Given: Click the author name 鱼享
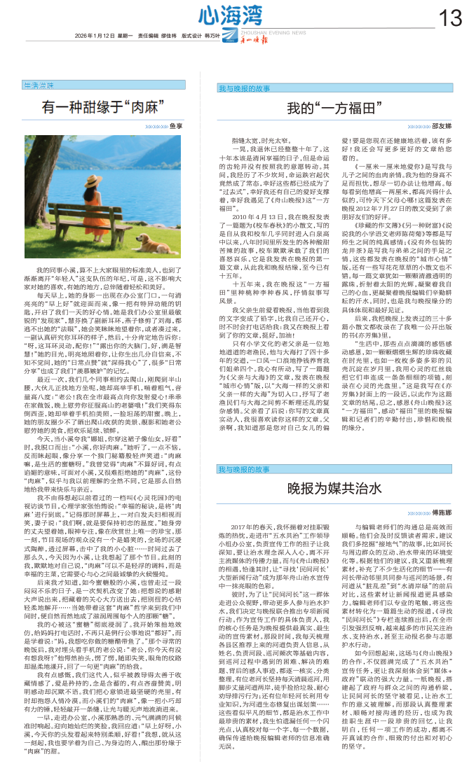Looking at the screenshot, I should pyautogui.click(x=177, y=126).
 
